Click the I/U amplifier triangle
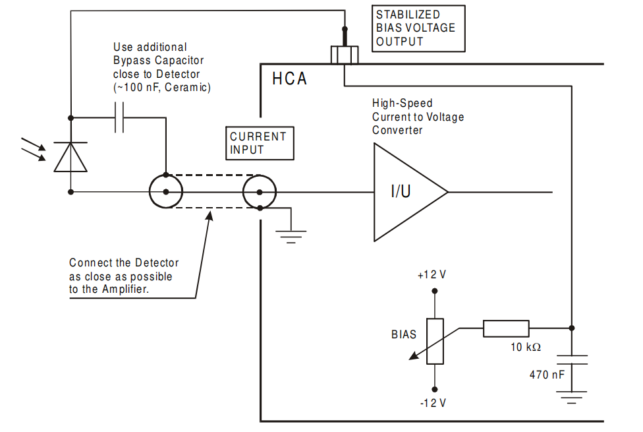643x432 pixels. coord(405,193)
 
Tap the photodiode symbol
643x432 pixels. coord(70,156)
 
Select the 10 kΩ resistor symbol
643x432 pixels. coord(505,328)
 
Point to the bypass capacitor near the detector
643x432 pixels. coord(119,118)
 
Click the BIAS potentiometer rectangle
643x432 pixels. coord(435,341)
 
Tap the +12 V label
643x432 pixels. coord(432,274)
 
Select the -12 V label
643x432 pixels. coord(432,402)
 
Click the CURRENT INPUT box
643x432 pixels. coord(258,143)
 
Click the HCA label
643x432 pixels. coord(290,79)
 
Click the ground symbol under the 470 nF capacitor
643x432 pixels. coord(571,396)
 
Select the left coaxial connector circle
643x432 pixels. coord(165,193)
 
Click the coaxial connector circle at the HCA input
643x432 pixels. coord(260,193)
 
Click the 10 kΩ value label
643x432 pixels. coord(525,347)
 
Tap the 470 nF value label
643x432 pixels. coord(547,375)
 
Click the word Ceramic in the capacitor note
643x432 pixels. coord(188,87)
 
